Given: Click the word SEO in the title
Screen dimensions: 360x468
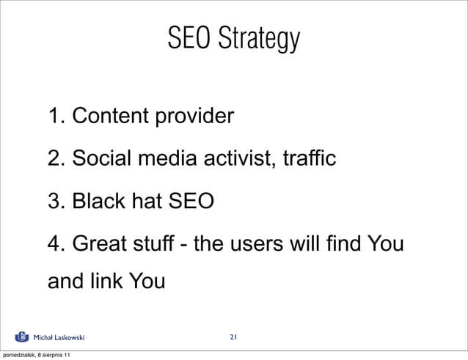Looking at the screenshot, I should (x=186, y=38).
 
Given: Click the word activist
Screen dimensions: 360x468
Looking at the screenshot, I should (x=238, y=158).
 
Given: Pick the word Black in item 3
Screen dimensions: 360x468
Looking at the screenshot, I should (x=96, y=200).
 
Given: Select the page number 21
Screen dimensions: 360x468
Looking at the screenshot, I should (x=233, y=337).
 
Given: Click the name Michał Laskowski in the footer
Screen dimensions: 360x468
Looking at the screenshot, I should (x=60, y=338).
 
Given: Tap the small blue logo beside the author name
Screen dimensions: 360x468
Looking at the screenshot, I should (x=23, y=337).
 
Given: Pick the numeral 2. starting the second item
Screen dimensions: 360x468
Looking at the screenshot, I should (x=56, y=158).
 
